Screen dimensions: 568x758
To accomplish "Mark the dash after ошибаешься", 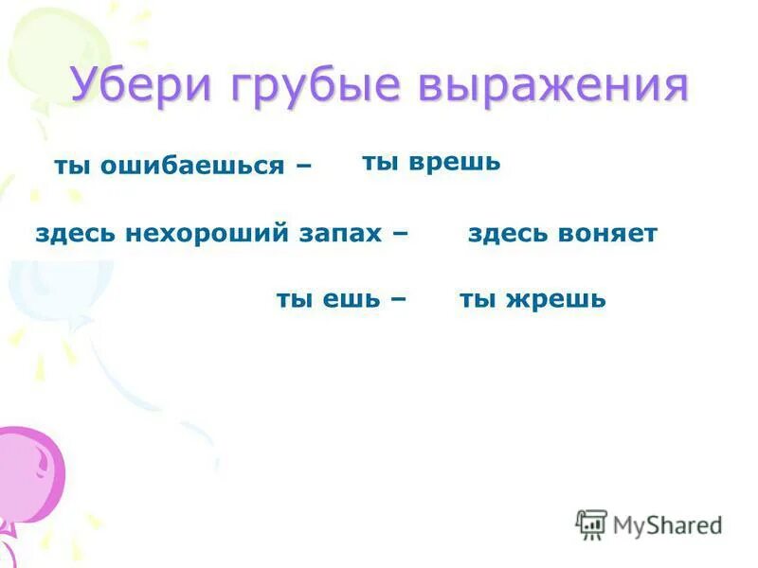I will tap(303, 167).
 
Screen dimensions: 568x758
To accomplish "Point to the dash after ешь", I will tap(397, 301).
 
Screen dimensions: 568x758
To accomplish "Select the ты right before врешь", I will tap(380, 164).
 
